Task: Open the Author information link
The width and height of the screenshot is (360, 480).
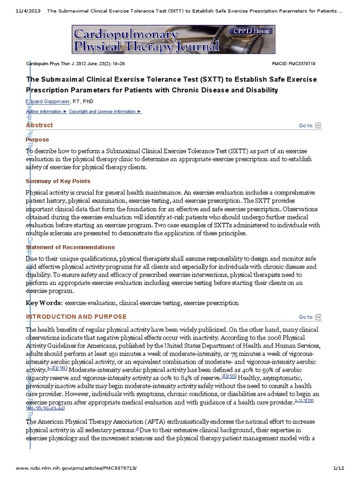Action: point(45,112)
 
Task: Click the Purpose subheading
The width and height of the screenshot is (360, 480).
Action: point(37,140)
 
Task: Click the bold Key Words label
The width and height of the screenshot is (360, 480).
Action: point(44,303)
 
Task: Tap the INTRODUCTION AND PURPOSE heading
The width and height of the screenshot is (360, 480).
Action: point(76,317)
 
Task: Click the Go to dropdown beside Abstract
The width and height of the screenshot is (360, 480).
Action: point(310,126)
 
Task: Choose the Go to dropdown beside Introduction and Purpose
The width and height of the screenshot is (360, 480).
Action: point(310,317)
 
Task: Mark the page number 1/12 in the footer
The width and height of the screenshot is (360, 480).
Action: point(338,469)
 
